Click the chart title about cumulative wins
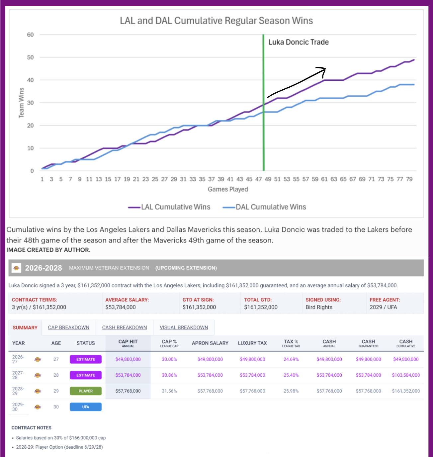pyautogui.click(x=216, y=21)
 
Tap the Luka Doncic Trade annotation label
pyautogui.click(x=298, y=42)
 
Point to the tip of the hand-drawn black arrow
pyautogui.click(x=325, y=69)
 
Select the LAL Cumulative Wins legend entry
pyautogui.click(x=169, y=207)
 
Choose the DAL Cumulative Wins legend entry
pyautogui.click(x=264, y=207)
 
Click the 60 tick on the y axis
pyautogui.click(x=30, y=35)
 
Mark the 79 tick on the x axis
pyautogui.click(x=409, y=179)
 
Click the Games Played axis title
pyautogui.click(x=228, y=189)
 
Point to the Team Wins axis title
pyautogui.click(x=21, y=103)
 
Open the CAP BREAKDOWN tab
pyautogui.click(x=69, y=327)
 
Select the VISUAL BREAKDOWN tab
pyautogui.click(x=184, y=327)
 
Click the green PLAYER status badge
pyautogui.click(x=86, y=391)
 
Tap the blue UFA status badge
pyautogui.click(x=86, y=407)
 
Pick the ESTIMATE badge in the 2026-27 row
pyautogui.click(x=86, y=359)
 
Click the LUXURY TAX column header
pyautogui.click(x=252, y=343)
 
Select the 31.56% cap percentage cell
pyautogui.click(x=169, y=391)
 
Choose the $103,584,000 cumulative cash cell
pyautogui.click(x=406, y=375)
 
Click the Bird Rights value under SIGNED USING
pyautogui.click(x=319, y=307)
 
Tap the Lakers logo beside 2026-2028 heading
pyautogui.click(x=16, y=268)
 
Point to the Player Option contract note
pyautogui.click(x=59, y=447)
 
